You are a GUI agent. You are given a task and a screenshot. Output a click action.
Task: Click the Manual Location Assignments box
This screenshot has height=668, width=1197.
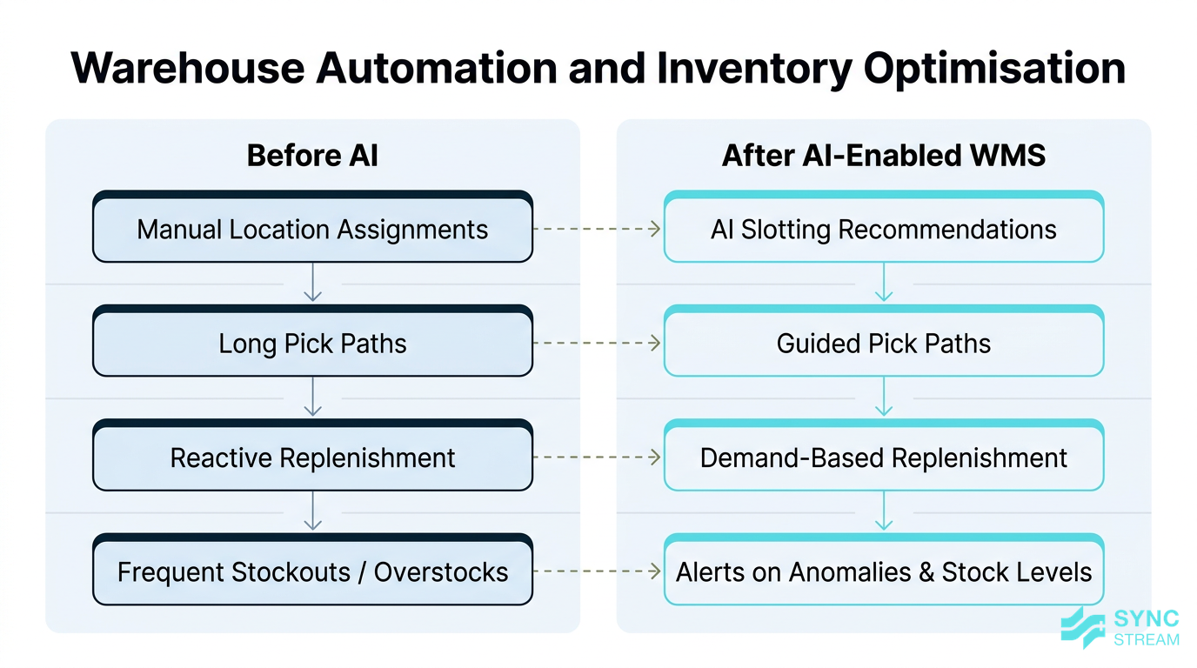[x=312, y=230]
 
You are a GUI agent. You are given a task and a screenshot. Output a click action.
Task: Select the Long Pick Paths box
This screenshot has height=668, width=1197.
[x=312, y=344]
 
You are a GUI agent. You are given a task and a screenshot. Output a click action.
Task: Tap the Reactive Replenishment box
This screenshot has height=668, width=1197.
[x=312, y=458]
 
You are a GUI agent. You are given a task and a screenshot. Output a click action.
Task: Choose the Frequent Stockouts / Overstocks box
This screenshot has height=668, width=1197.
[x=312, y=572]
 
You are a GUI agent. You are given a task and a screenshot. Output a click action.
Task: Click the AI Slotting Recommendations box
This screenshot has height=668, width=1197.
[x=883, y=230]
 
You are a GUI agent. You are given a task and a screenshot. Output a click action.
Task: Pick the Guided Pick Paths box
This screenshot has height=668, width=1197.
[x=883, y=344]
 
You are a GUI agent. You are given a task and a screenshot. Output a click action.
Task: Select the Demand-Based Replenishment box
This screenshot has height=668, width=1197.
[x=883, y=458]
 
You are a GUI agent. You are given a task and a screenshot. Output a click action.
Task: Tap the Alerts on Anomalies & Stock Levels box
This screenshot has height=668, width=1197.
[x=883, y=572]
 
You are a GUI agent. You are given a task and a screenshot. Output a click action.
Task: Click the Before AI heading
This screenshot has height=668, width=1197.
[x=312, y=156]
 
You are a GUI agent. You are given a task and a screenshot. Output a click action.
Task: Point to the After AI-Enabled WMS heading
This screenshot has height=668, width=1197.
[x=883, y=156]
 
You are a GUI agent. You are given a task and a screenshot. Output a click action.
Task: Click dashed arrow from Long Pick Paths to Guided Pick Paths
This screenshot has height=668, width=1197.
[x=598, y=344]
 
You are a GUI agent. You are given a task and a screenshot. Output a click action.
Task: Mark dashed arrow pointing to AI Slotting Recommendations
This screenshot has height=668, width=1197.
[x=598, y=230]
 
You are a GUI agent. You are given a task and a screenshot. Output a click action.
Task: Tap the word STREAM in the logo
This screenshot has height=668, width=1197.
[x=1147, y=639]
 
